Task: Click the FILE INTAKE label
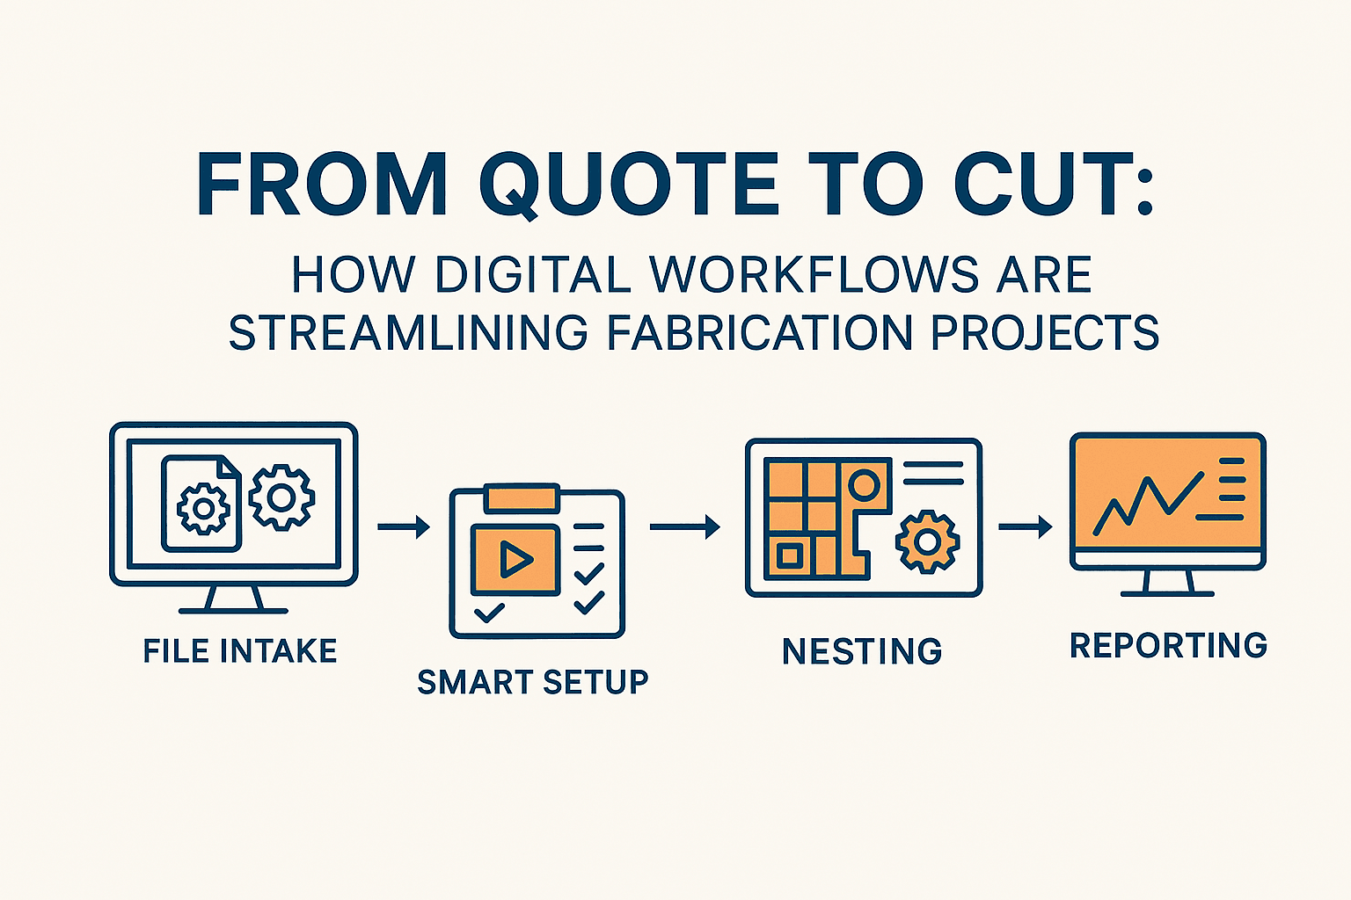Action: tap(240, 651)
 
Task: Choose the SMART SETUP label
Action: tap(532, 682)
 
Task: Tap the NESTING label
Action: tap(862, 652)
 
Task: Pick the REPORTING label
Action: tap(1168, 646)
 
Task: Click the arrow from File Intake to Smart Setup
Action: tap(404, 527)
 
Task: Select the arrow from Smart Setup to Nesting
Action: tap(684, 527)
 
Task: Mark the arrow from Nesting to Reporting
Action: tap(1026, 527)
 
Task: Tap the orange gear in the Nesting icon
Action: tap(927, 541)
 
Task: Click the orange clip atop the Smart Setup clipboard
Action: tap(522, 497)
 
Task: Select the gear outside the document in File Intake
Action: tap(281, 498)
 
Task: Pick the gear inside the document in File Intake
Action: tap(203, 508)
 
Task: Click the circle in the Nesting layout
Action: tap(864, 484)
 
